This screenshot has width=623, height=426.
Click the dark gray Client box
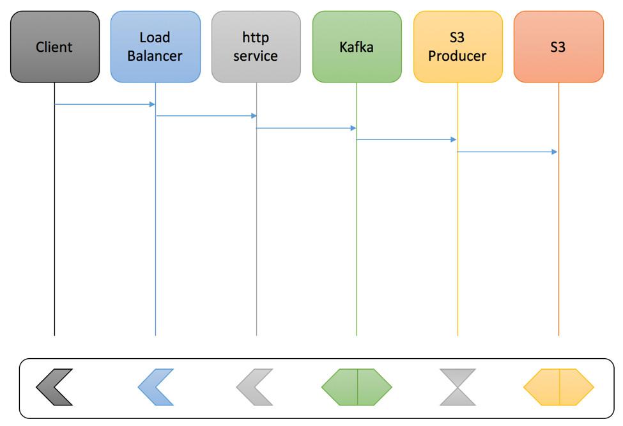point(55,47)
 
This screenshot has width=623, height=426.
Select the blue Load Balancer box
point(155,47)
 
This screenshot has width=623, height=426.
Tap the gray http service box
point(256,47)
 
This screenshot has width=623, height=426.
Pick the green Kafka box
point(357,47)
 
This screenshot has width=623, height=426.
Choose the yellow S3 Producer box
point(458,47)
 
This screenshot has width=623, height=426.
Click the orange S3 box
point(558,47)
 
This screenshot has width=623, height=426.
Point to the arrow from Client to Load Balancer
point(105,104)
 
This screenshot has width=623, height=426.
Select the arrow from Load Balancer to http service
point(206,116)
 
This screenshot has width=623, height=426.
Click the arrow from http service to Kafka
point(306,128)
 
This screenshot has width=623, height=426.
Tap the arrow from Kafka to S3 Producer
point(406,139)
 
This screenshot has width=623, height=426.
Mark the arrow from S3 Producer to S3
point(507,152)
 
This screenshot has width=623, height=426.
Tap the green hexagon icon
point(357,387)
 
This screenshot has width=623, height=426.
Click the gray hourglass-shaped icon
point(458,387)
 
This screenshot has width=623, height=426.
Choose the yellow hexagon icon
point(558,387)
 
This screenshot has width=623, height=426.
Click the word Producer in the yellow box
point(458,56)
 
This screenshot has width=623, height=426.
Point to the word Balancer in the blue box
point(155,56)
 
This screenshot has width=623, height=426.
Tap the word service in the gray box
point(256,56)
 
